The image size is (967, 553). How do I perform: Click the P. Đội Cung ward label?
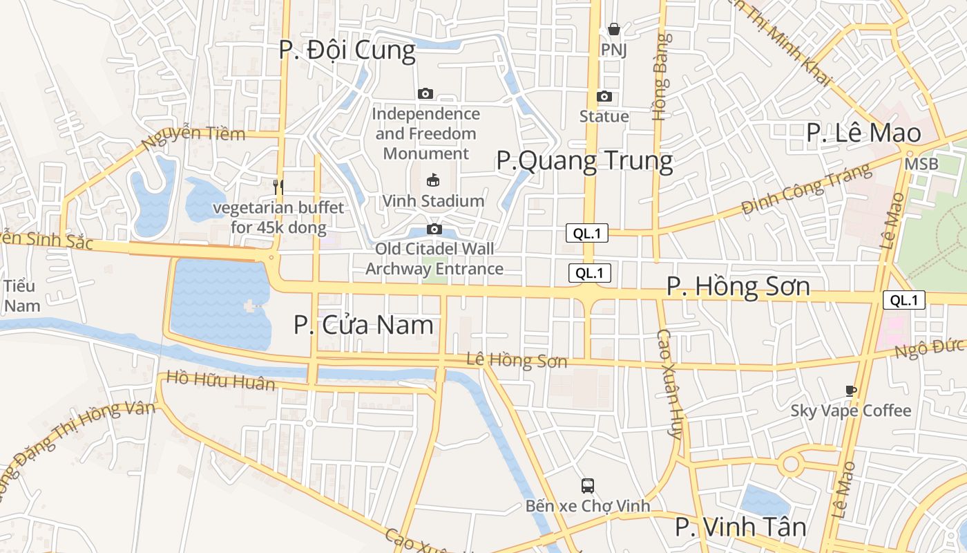pyautogui.click(x=347, y=50)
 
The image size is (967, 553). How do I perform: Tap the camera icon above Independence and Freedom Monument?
pyautogui.click(x=425, y=93)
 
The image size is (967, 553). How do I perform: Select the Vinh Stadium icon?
pyautogui.click(x=434, y=180)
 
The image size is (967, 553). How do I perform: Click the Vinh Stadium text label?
pyautogui.click(x=434, y=201)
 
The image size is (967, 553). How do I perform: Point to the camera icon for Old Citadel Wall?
pyautogui.click(x=434, y=229)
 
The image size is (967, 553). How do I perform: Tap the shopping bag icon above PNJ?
pyautogui.click(x=613, y=29)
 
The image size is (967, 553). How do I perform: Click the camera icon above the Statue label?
pyautogui.click(x=604, y=96)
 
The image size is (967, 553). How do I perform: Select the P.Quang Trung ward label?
pyautogui.click(x=584, y=161)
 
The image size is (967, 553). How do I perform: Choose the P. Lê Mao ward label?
pyautogui.click(x=863, y=133)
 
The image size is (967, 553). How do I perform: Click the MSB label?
pyautogui.click(x=921, y=165)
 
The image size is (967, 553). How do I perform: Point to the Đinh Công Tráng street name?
pyautogui.click(x=803, y=187)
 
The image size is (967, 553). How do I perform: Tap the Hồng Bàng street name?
pyautogui.click(x=660, y=77)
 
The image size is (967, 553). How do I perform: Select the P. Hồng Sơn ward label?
pyautogui.click(x=738, y=287)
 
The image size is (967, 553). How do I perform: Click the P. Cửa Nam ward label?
pyautogui.click(x=363, y=325)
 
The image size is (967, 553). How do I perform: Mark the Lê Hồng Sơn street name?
pyautogui.click(x=517, y=360)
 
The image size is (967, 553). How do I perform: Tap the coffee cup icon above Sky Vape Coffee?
pyautogui.click(x=851, y=391)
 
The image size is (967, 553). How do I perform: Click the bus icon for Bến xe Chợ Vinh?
pyautogui.click(x=588, y=485)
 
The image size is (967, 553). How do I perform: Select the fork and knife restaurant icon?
pyautogui.click(x=278, y=186)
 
